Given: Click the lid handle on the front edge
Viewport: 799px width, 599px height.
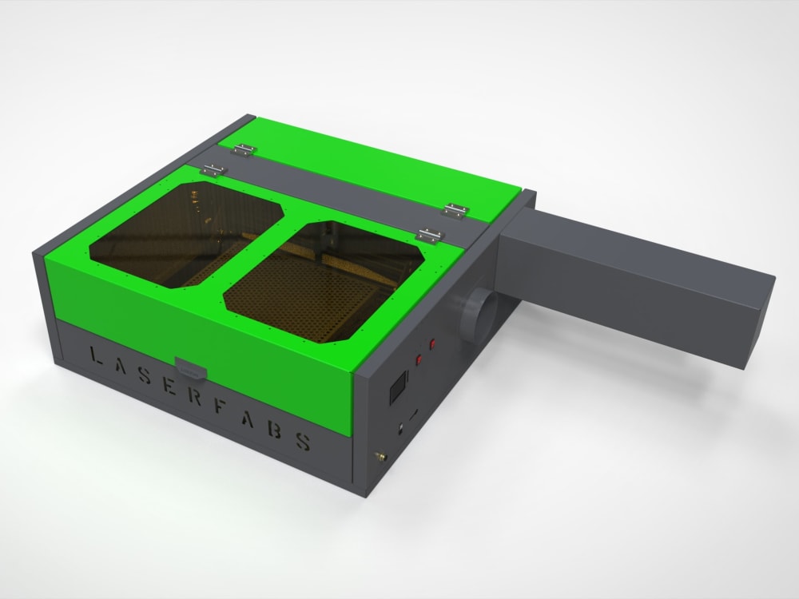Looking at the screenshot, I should (192, 369).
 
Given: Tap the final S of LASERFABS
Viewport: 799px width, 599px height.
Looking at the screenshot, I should (304, 442).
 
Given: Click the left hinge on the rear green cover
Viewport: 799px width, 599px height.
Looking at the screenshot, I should (244, 148).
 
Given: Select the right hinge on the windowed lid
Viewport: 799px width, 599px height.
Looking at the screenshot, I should (430, 235).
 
